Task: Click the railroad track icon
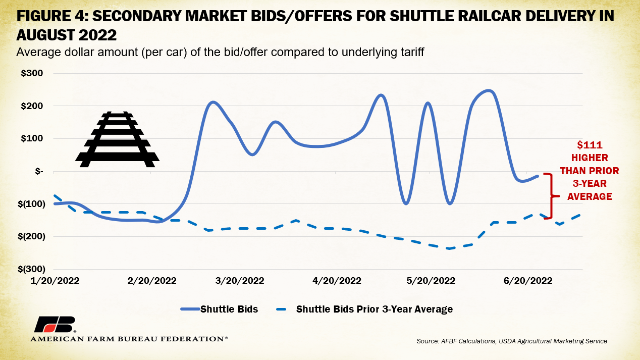pyautogui.click(x=117, y=139)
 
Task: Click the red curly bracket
pyautogui.click(x=553, y=196)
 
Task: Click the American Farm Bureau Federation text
pyautogui.click(x=129, y=339)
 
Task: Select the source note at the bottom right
pyautogui.click(x=512, y=341)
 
